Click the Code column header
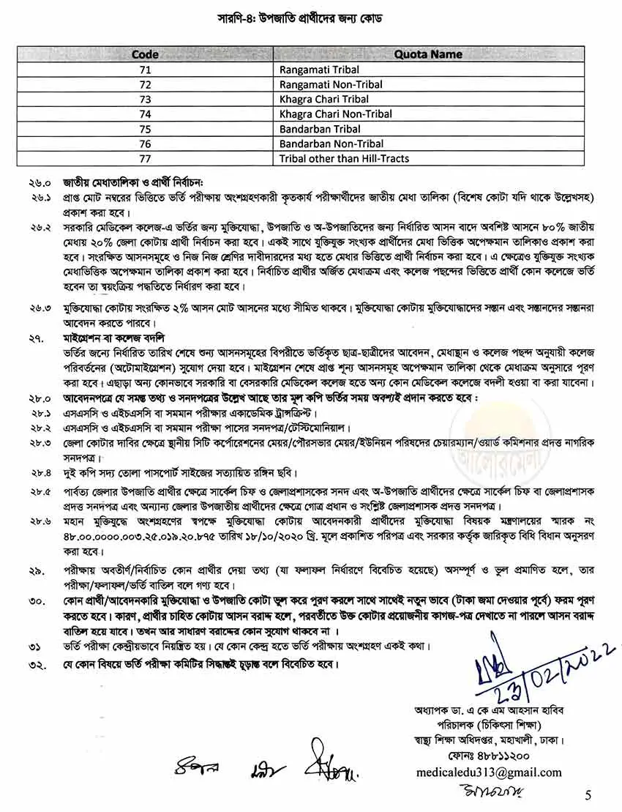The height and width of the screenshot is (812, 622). (x=145, y=54)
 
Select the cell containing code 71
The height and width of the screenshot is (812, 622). (x=145, y=70)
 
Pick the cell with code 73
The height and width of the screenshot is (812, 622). (x=145, y=99)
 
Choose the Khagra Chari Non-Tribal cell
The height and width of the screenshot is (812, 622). (x=335, y=113)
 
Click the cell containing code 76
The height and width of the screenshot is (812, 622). (x=145, y=144)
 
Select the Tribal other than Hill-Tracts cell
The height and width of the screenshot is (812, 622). (x=344, y=158)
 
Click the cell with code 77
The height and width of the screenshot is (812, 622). (x=145, y=158)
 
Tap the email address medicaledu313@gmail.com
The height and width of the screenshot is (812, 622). (x=488, y=772)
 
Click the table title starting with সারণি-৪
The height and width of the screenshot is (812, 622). (x=310, y=17)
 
